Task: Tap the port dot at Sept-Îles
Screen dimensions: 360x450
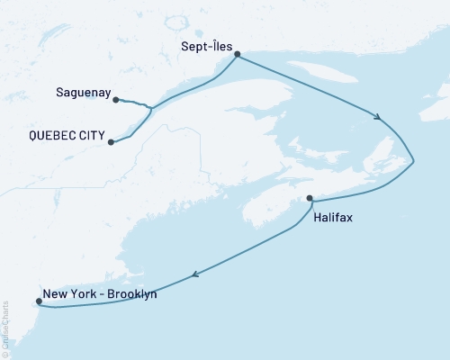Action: pyautogui.click(x=237, y=55)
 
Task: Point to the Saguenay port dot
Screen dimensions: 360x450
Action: pyautogui.click(x=116, y=99)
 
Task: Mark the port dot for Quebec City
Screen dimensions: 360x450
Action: pyautogui.click(x=110, y=142)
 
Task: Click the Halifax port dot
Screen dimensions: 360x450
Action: pyautogui.click(x=310, y=198)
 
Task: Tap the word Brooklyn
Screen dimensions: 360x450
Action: pyautogui.click(x=129, y=293)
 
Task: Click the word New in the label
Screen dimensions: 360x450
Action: pyautogui.click(x=55, y=293)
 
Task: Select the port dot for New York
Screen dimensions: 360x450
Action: pyautogui.click(x=37, y=301)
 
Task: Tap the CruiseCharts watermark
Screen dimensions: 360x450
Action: pyautogui.click(x=6, y=338)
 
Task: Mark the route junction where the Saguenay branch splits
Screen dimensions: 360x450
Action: pyautogui.click(x=150, y=109)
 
